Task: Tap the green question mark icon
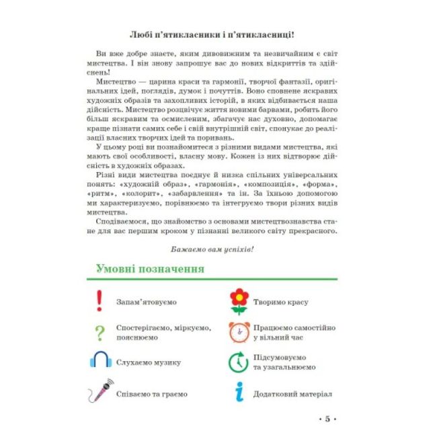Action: [100, 331]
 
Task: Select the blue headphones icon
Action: [100, 361]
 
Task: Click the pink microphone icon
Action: [100, 391]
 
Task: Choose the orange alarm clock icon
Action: [239, 331]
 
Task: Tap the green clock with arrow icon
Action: [239, 362]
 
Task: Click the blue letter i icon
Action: [239, 392]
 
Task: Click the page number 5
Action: [327, 420]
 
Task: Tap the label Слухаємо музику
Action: [149, 362]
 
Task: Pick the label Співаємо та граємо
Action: [152, 393]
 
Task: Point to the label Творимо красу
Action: [281, 302]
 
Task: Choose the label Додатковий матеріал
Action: [292, 393]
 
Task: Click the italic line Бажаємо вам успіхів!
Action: [213, 249]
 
